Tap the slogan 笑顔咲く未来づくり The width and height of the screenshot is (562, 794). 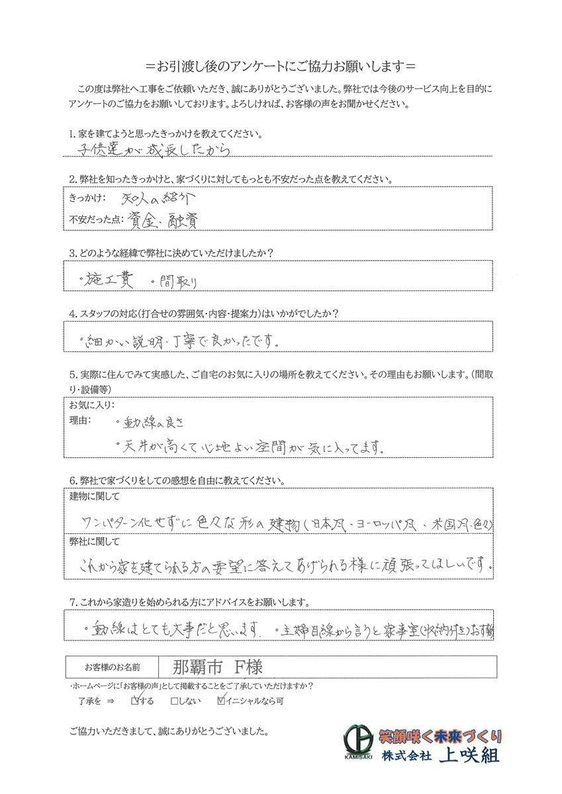[440, 735]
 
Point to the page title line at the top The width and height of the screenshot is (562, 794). [281, 67]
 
